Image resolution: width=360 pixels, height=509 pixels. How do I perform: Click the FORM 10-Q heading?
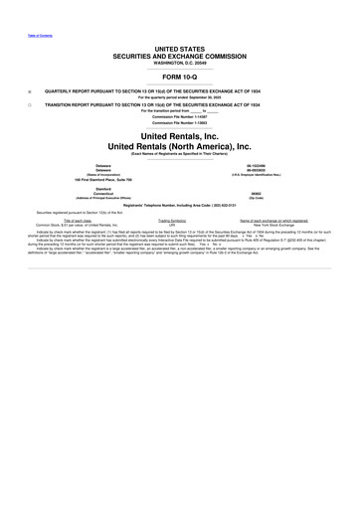pos(180,76)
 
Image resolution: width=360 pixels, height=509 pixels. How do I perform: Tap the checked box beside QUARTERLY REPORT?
pos(30,87)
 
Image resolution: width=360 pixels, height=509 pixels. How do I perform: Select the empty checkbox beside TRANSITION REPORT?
pos(30,103)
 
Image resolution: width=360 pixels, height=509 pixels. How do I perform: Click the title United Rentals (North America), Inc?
pos(180,147)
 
